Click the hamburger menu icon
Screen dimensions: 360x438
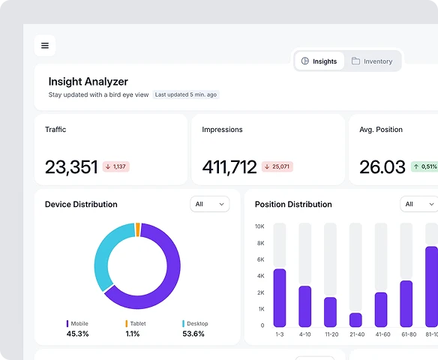tap(45, 46)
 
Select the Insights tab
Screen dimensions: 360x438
tap(319, 61)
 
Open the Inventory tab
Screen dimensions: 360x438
tap(372, 61)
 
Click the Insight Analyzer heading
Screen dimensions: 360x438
tap(88, 82)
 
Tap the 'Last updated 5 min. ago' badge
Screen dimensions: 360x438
tap(186, 95)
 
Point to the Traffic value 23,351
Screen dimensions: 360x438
tap(71, 166)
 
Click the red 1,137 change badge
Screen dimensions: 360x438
tap(116, 166)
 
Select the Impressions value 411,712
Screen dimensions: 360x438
tap(229, 166)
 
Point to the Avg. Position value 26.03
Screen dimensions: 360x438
tap(382, 166)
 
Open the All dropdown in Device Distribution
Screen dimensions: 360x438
tap(210, 204)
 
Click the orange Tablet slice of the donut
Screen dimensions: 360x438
tap(137, 229)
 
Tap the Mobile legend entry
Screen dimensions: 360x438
tap(78, 324)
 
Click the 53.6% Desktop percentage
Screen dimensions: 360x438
tap(193, 334)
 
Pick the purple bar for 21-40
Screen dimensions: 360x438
tap(355, 319)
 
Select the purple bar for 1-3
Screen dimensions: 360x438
tap(280, 298)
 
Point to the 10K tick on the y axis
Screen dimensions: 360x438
tap(259, 226)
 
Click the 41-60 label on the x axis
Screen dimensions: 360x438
tap(381, 334)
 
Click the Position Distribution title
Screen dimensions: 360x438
tap(293, 204)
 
